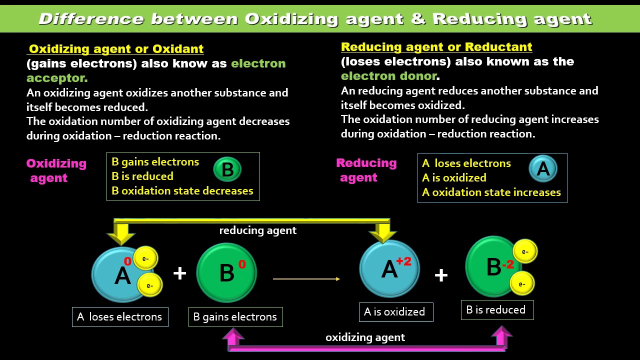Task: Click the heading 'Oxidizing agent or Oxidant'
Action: tap(116, 49)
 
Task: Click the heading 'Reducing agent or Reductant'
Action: tap(436, 47)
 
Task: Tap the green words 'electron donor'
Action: tap(388, 76)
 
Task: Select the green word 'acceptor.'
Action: tap(57, 78)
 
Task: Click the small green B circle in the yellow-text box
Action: tap(227, 169)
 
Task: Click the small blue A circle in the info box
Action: tap(542, 169)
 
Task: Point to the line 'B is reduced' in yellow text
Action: tap(142, 176)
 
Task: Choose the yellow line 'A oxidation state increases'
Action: tap(491, 192)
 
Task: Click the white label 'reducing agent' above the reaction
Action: tap(257, 230)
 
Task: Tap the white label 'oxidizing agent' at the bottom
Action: tap(365, 337)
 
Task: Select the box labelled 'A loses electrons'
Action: tap(120, 317)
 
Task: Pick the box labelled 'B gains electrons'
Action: tap(235, 317)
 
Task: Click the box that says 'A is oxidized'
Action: tap(395, 312)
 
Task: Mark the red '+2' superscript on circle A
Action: tap(403, 261)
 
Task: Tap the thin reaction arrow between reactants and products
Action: tap(306, 279)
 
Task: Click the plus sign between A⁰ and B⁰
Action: tap(179, 273)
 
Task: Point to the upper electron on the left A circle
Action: tap(145, 258)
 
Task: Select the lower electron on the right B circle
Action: tap(521, 284)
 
